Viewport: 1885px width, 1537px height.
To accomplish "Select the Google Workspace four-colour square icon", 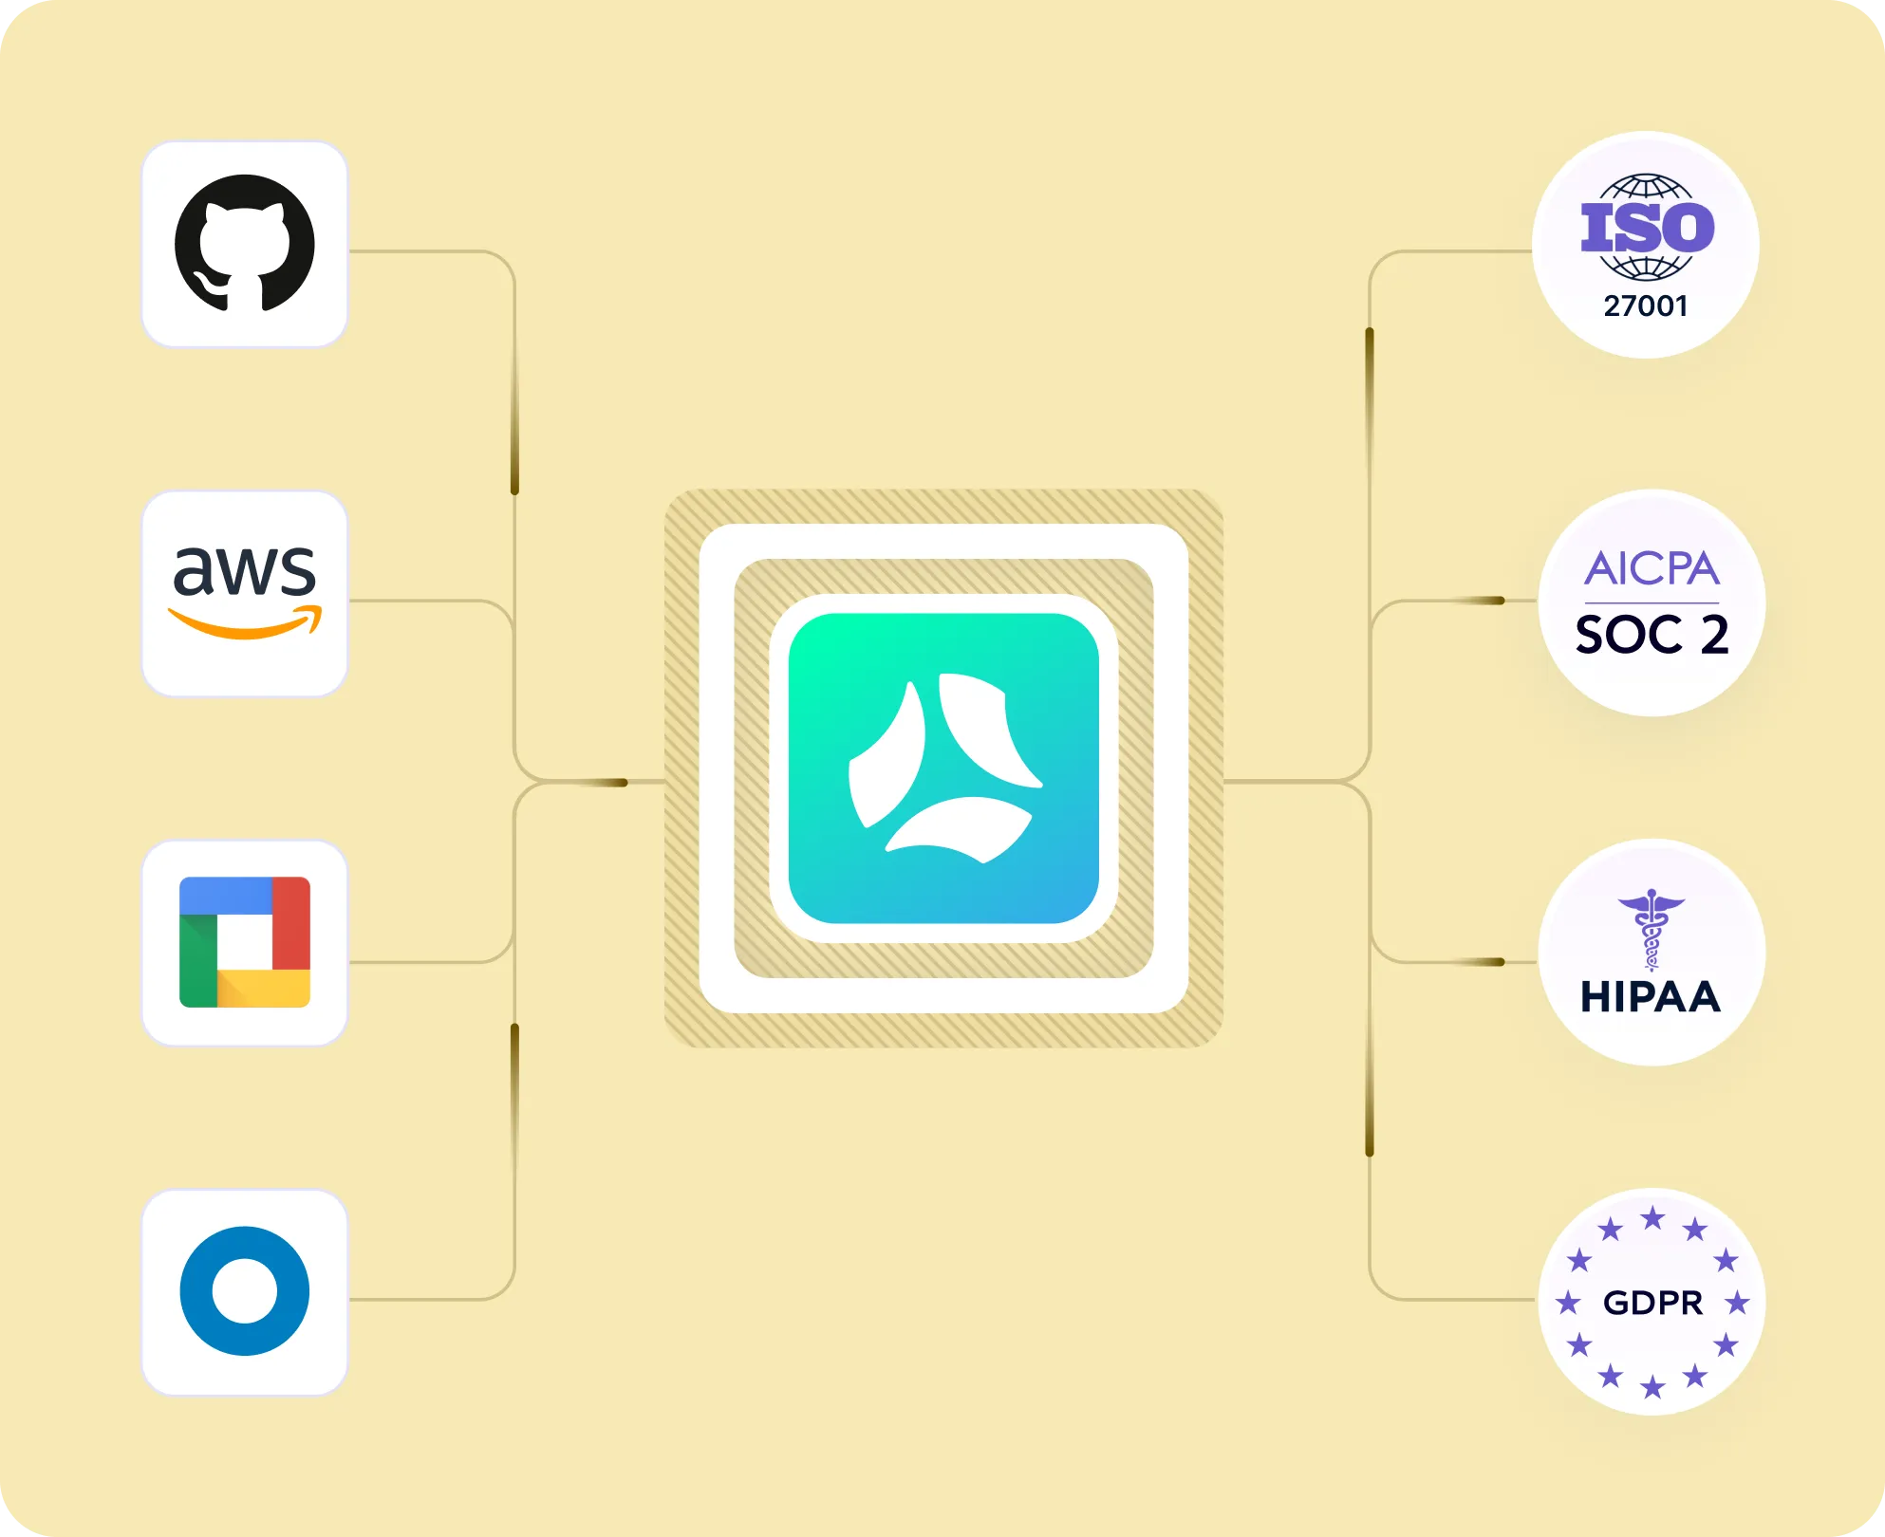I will tap(245, 941).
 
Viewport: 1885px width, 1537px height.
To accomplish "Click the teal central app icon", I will tap(943, 768).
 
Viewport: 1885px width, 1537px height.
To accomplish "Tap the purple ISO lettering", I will tap(1647, 228).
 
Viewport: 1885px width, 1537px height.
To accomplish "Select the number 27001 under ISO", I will tap(1646, 306).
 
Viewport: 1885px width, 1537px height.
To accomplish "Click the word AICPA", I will tap(1652, 569).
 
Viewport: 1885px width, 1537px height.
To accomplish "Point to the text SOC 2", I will tap(1652, 635).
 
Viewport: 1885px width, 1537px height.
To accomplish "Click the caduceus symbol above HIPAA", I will tap(1652, 929).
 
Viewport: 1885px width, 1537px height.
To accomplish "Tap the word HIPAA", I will tap(1651, 997).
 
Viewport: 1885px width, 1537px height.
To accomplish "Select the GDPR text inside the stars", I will tap(1652, 1303).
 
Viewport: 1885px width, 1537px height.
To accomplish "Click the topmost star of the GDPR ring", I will tap(1652, 1217).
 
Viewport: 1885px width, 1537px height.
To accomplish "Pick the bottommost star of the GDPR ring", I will tap(1652, 1388).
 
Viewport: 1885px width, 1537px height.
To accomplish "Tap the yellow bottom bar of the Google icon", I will tap(263, 989).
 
